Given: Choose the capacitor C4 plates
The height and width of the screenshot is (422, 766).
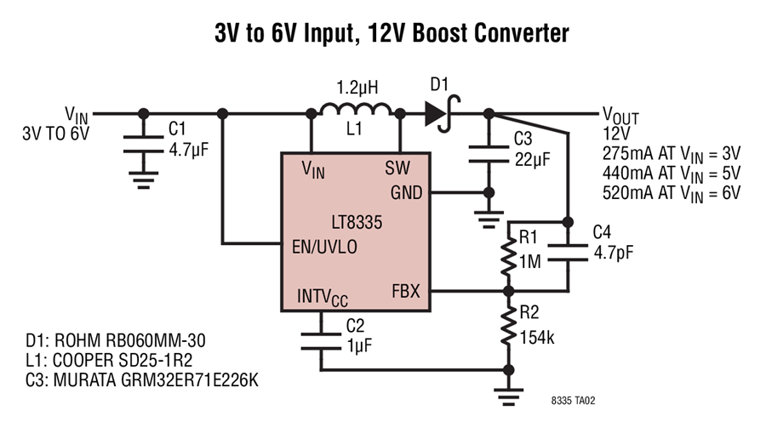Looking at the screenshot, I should (x=566, y=254).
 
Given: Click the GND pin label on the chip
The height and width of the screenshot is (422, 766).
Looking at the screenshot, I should (x=405, y=192).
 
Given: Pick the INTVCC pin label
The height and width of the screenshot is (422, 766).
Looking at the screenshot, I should (x=323, y=298).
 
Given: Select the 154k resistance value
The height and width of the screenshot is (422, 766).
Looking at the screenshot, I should (x=537, y=338).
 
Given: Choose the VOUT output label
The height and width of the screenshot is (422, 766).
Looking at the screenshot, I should (x=620, y=116).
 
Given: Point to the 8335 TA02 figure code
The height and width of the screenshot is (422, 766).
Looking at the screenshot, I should (x=580, y=396).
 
